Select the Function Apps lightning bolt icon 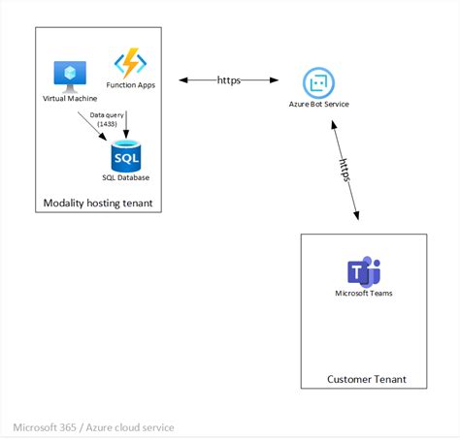click(x=129, y=64)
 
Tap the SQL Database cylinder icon click(x=126, y=155)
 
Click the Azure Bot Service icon click(x=318, y=82)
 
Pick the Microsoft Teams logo click(x=363, y=271)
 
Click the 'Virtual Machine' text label click(x=70, y=98)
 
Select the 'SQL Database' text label click(x=126, y=177)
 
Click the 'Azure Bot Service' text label click(x=319, y=104)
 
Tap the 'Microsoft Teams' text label click(x=364, y=293)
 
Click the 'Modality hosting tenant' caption click(x=97, y=203)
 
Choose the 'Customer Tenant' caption click(x=366, y=379)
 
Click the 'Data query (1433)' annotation click(x=106, y=119)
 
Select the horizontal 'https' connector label click(x=230, y=80)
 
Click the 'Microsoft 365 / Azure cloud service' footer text click(x=93, y=426)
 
